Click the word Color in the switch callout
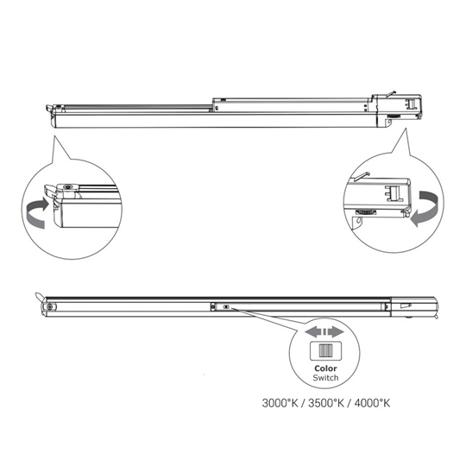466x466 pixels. [325, 368]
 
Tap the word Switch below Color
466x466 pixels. [325, 378]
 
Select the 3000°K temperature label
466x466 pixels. [280, 403]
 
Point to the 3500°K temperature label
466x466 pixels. [326, 403]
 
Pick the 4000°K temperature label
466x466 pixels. [372, 403]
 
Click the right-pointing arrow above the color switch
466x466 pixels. [337, 331]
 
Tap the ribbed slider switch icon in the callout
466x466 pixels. [326, 351]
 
